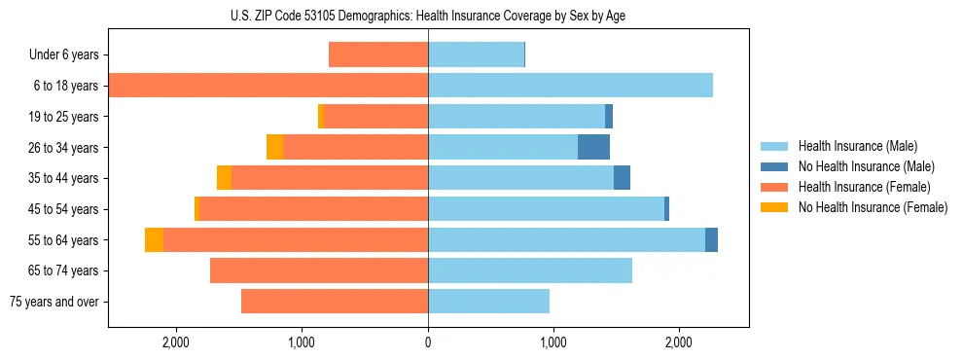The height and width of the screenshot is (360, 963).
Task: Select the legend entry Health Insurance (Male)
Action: pos(857,146)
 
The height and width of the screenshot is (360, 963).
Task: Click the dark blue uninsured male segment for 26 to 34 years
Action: pos(593,147)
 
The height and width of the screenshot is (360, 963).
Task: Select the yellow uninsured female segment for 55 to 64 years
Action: pos(154,240)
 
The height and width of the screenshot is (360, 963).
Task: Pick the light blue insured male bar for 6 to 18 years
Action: pos(570,86)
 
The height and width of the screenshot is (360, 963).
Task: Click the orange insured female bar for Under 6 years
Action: pos(378,54)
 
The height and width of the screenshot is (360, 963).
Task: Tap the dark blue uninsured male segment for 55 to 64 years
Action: pos(711,240)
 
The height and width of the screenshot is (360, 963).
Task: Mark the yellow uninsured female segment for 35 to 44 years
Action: pos(224,178)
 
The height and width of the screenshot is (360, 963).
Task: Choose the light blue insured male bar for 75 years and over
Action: pos(488,302)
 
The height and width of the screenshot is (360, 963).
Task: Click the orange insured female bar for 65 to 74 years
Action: pos(319,270)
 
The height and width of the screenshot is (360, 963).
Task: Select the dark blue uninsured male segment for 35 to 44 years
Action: pos(622,178)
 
